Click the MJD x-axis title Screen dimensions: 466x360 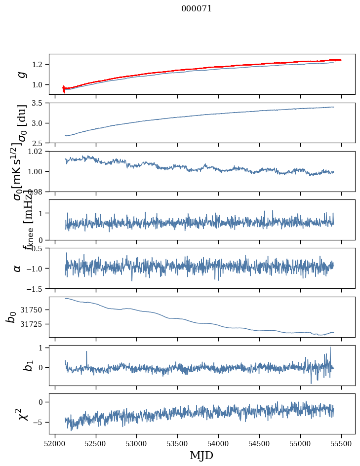(201, 455)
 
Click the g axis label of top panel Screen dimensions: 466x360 (21, 74)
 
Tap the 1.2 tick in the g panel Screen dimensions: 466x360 (40, 65)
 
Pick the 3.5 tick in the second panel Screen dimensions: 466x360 (40, 103)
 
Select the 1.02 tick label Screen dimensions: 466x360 (38, 152)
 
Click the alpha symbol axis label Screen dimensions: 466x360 (18, 268)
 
